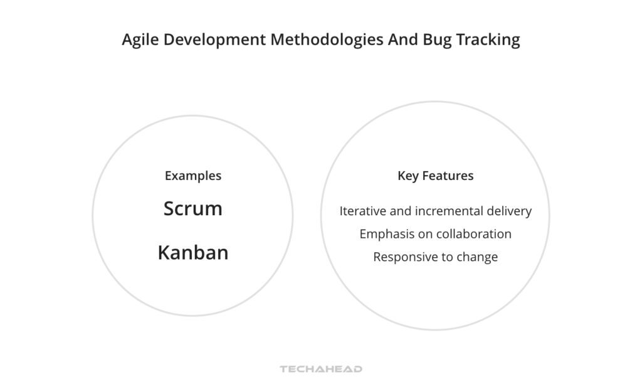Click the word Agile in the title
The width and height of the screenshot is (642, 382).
[x=139, y=40]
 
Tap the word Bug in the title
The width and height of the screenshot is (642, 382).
[x=437, y=40]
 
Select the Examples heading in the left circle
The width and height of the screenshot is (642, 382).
[x=193, y=176]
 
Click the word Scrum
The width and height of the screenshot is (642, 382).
[x=193, y=209]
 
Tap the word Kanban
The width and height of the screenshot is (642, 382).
[x=193, y=253]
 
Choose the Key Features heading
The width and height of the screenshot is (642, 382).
[x=435, y=176]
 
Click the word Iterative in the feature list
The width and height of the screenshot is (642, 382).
[x=363, y=211]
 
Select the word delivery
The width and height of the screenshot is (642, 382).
[x=510, y=211]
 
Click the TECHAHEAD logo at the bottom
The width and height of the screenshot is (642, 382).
[x=321, y=369]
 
